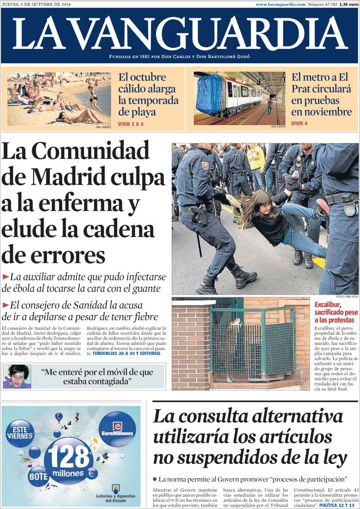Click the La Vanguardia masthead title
point(180,34)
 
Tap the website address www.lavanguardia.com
point(280,4)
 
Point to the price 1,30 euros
point(349,4)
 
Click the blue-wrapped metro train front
point(209,94)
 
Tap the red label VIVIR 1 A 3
point(131,124)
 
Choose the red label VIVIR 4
point(300,123)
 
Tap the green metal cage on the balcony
point(253,343)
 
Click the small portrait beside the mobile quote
point(16,376)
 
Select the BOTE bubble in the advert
point(37,476)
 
